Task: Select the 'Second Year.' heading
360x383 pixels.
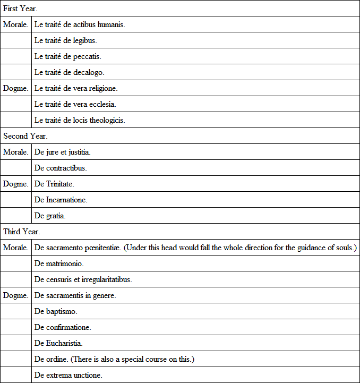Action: pos(25,136)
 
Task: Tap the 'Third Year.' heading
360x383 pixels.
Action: pos(22,232)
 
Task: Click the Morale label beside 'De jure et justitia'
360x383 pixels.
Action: pos(16,152)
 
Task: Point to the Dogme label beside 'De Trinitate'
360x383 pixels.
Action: pos(16,184)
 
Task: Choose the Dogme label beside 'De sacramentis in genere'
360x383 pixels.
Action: pos(16,295)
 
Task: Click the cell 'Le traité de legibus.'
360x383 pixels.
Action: pos(65,40)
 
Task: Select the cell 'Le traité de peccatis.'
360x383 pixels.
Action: pos(67,56)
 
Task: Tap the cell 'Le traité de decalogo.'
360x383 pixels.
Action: pos(69,72)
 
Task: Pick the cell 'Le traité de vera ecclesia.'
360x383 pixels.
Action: pos(75,104)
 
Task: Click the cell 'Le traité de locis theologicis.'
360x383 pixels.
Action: pos(80,120)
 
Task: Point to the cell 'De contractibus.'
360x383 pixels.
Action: pos(61,168)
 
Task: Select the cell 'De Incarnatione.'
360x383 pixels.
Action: pos(61,200)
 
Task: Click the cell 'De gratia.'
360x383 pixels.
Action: pos(50,216)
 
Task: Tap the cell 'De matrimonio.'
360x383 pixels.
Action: pos(59,263)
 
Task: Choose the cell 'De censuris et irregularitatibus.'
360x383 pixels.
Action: pos(83,279)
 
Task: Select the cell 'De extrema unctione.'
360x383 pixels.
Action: pos(68,375)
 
